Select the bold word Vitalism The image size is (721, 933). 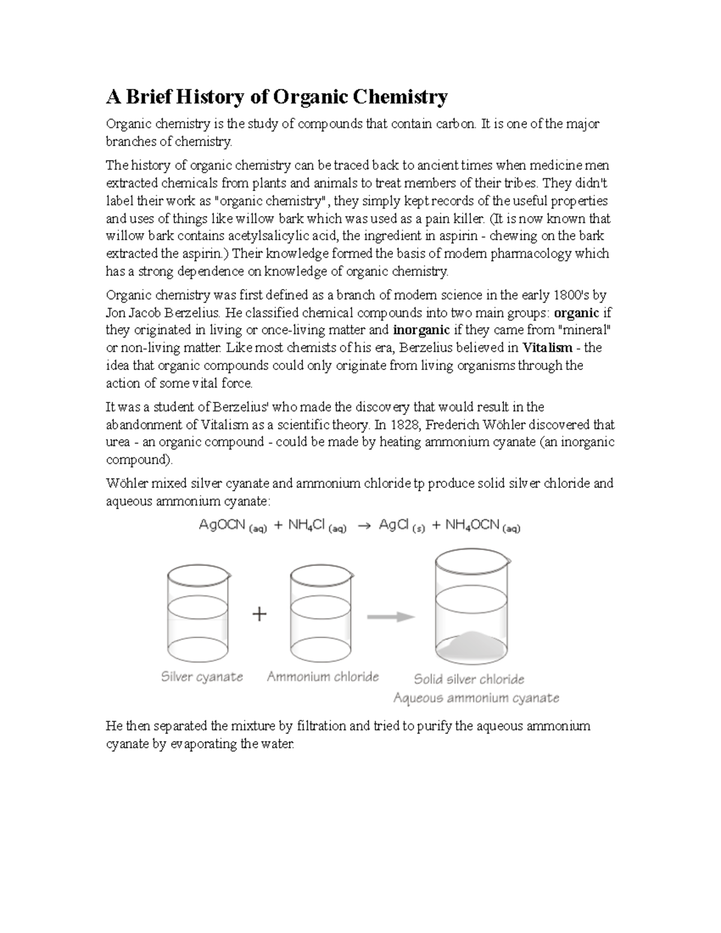coord(547,348)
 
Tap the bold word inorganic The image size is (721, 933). coord(421,330)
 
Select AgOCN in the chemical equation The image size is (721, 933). coord(222,525)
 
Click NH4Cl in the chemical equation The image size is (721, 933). coord(306,525)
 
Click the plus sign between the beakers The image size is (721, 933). coord(259,615)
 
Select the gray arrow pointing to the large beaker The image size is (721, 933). coord(391,617)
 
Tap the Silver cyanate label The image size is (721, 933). coord(202,677)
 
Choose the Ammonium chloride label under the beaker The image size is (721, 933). coord(323,677)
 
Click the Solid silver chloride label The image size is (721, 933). coord(469,679)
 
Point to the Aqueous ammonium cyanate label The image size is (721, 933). coord(476,698)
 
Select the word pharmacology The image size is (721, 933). coord(531,254)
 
